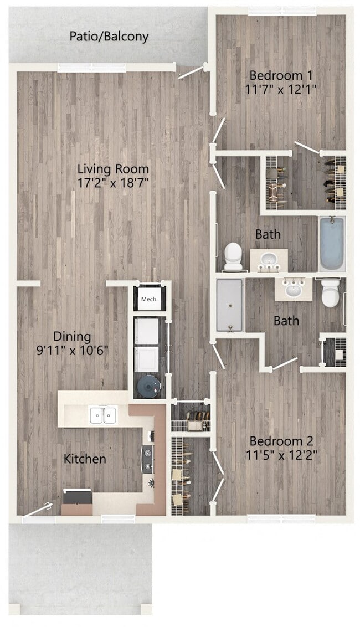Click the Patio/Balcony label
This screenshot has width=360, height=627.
(109, 37)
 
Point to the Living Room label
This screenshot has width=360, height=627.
(113, 168)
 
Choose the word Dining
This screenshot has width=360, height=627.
(72, 336)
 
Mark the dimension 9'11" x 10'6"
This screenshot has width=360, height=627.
(72, 350)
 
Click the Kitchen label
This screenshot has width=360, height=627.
(85, 459)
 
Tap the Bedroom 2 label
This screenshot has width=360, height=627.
(281, 441)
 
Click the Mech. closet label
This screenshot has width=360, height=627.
(148, 300)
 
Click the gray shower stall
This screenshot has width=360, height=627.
(229, 305)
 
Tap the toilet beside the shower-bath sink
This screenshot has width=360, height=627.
(331, 293)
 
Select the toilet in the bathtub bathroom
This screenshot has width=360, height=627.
(233, 256)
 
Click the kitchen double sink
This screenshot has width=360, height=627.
(103, 414)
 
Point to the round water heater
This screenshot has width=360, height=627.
(148, 385)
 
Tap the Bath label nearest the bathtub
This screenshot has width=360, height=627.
(268, 234)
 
